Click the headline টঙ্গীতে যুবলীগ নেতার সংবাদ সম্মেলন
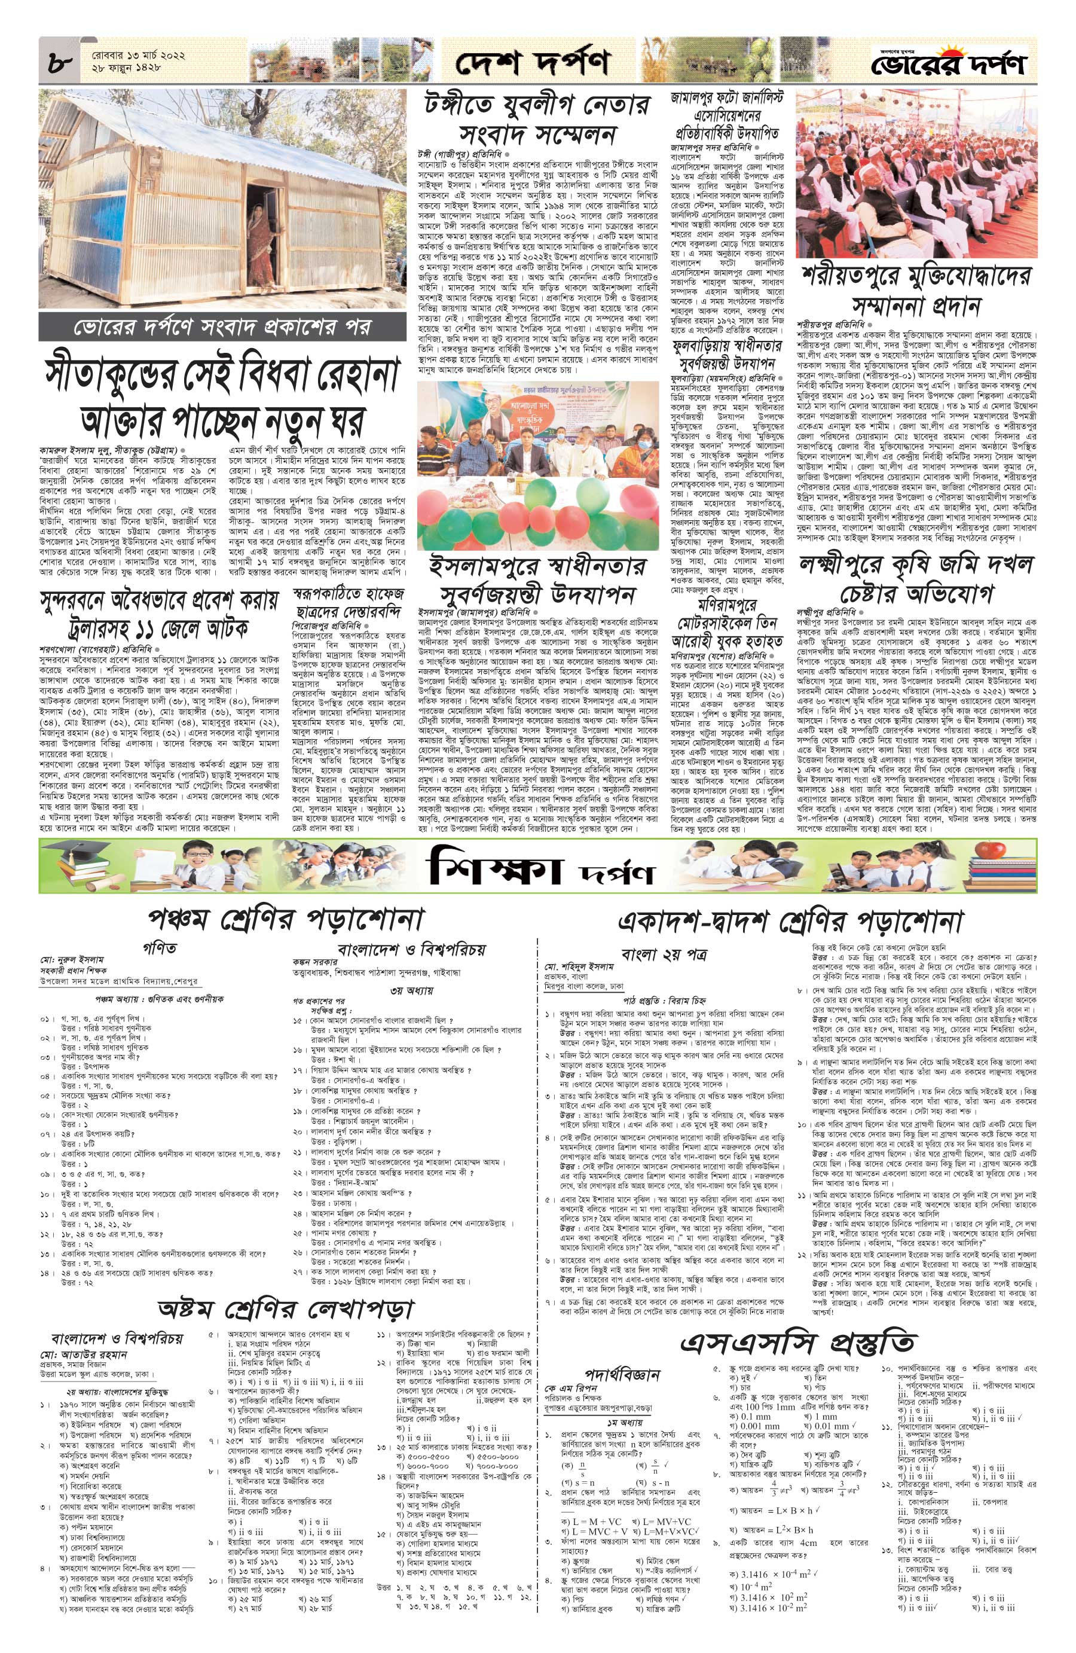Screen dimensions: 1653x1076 tap(537, 120)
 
